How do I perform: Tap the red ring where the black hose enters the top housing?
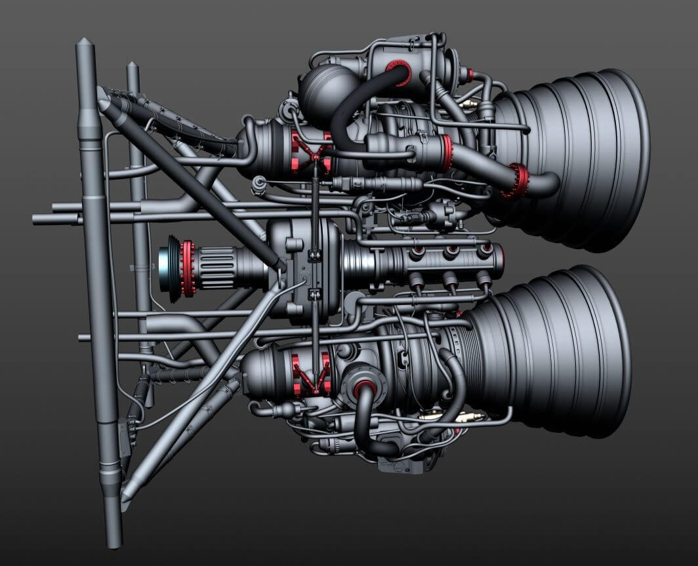[398, 71]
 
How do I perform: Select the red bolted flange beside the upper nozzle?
[518, 180]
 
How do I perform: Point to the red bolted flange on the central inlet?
[188, 268]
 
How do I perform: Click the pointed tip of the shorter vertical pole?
[132, 66]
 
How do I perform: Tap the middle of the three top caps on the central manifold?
[451, 252]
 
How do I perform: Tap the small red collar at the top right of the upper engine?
[469, 73]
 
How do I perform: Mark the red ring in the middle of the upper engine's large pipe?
[447, 152]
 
